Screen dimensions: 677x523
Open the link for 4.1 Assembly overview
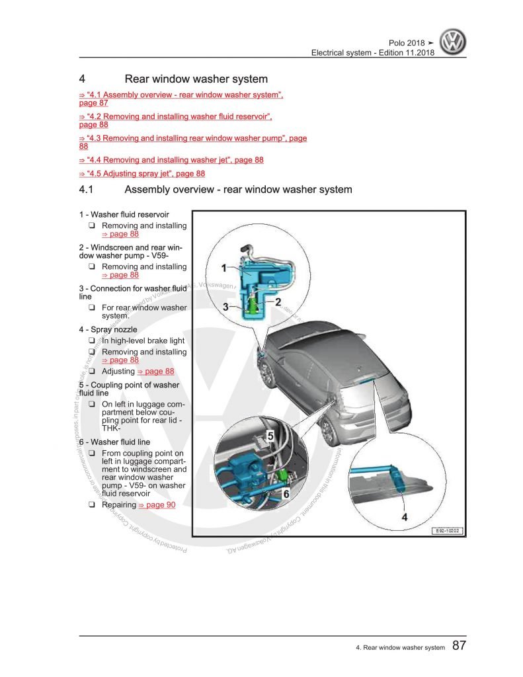pos(180,96)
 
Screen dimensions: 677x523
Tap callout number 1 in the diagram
pos(224,268)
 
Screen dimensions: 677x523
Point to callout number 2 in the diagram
pos(278,301)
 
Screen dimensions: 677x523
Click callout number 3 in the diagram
pos(225,307)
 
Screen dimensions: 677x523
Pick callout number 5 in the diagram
pos(270,435)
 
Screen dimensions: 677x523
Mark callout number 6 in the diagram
pos(286,493)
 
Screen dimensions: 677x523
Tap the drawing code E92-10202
pos(448,530)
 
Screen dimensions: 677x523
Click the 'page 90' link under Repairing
pos(156,505)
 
